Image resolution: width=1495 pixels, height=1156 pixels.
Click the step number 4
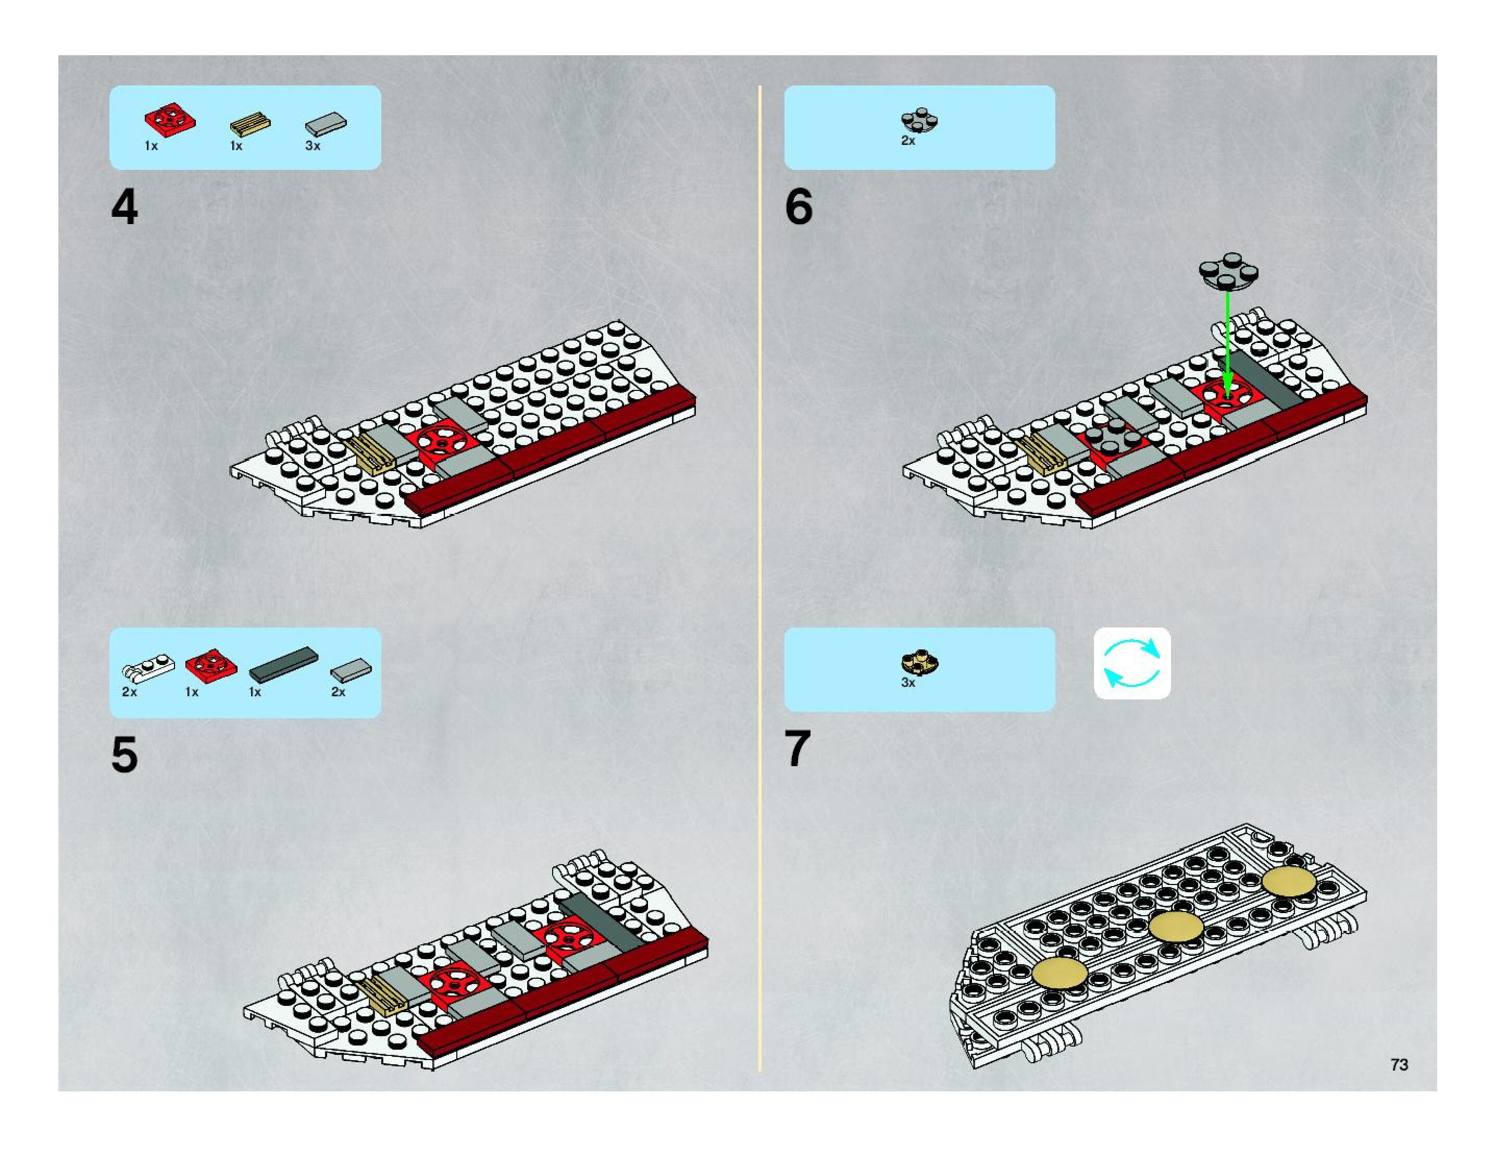pyautogui.click(x=124, y=207)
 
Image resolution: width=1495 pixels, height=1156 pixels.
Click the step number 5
pyautogui.click(x=124, y=755)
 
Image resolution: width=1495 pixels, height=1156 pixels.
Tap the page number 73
pyautogui.click(x=1399, y=1064)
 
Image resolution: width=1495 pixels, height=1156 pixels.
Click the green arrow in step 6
pyautogui.click(x=1227, y=342)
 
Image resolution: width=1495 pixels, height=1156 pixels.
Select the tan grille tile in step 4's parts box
pyautogui.click(x=250, y=124)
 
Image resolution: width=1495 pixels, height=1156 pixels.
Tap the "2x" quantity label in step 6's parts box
pyautogui.click(x=907, y=140)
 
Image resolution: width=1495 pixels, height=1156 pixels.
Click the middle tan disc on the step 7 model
pyautogui.click(x=1176, y=927)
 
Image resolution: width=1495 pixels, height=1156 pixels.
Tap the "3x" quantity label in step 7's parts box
pyautogui.click(x=907, y=683)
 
